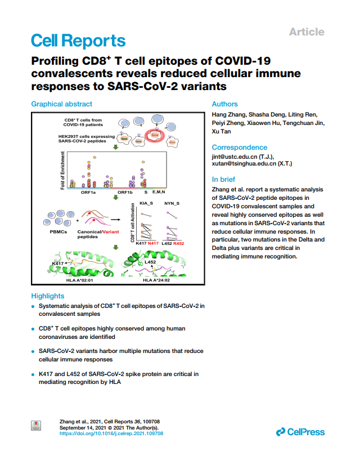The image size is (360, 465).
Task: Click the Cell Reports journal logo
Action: point(78,41)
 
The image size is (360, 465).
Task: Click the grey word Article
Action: point(307,32)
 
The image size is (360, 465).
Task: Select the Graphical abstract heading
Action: point(62,104)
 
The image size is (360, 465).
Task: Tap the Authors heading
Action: point(224,104)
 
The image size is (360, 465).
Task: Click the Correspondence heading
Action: point(240,147)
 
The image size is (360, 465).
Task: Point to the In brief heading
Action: point(223,180)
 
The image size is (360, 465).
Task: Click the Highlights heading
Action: point(48,296)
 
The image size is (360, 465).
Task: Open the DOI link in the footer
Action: point(111,433)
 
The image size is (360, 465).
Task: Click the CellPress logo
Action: point(300,432)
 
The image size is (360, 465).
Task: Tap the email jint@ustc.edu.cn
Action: point(235,157)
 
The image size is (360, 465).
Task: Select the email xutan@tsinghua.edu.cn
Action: point(244,164)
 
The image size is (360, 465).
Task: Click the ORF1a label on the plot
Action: point(88,193)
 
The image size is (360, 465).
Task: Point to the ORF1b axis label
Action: point(125,193)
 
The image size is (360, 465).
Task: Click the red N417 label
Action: point(153,243)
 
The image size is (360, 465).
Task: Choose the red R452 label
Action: point(179,243)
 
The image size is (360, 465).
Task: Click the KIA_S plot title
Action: point(146,203)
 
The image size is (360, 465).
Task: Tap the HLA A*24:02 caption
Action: point(156,280)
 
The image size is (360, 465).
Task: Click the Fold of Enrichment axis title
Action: point(62,171)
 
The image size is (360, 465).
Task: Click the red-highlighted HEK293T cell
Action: point(155,136)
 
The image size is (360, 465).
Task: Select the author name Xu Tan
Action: point(221,131)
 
